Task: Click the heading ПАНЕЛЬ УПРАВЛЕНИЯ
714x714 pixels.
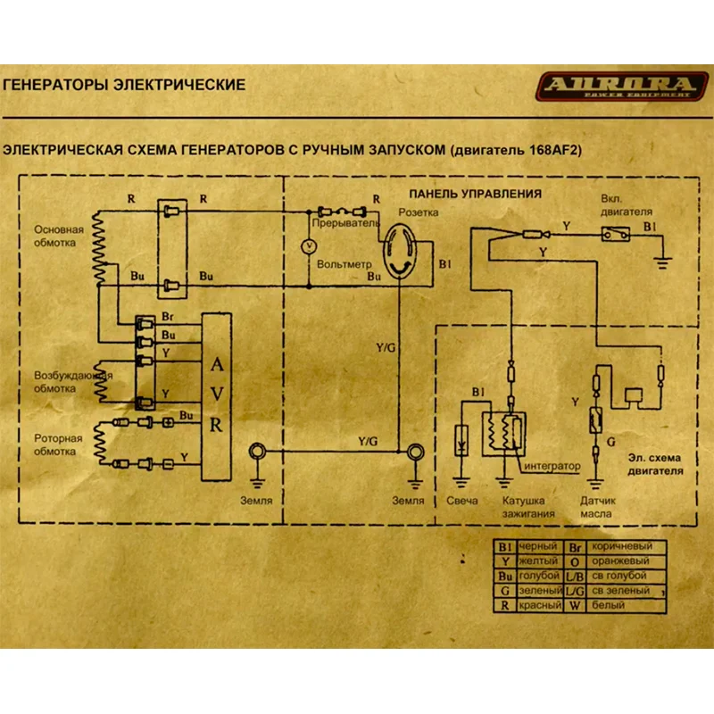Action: point(476,193)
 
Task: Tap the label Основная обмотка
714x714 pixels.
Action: point(55,235)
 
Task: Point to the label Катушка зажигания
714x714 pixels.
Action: point(523,507)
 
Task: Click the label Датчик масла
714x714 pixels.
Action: point(599,507)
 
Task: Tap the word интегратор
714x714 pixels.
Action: point(553,467)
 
